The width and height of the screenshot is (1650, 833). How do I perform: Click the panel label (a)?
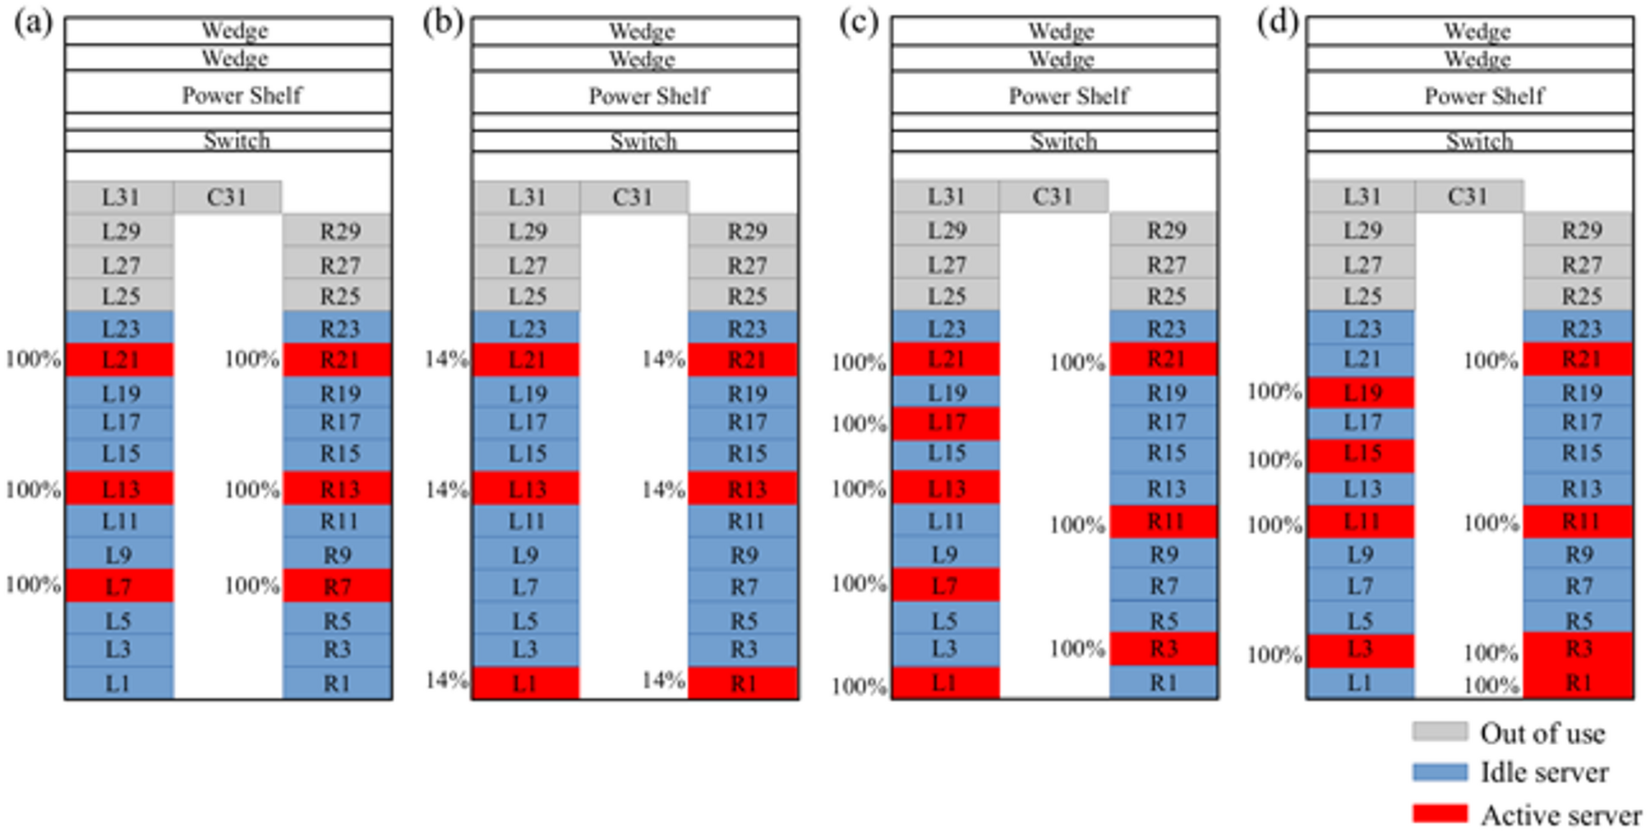33,23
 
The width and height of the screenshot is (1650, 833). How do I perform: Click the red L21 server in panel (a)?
120,360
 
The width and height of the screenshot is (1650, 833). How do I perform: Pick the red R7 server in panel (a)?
337,587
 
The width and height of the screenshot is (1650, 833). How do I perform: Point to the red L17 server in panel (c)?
946,423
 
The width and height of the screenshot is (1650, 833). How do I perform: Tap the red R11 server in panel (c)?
1164,522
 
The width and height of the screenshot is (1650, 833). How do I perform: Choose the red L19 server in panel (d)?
1362,393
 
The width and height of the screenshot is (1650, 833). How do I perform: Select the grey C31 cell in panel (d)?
1468,197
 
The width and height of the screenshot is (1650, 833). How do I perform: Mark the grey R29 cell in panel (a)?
337,231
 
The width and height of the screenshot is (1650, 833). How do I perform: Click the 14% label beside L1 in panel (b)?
446,680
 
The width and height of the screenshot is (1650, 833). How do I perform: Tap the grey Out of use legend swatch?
1440,731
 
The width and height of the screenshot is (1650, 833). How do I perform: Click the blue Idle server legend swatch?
1440,772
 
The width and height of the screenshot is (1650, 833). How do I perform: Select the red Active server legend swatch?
1440,814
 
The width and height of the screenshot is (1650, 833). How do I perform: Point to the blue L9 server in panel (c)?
946,555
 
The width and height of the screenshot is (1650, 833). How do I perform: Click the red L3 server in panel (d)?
1362,650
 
